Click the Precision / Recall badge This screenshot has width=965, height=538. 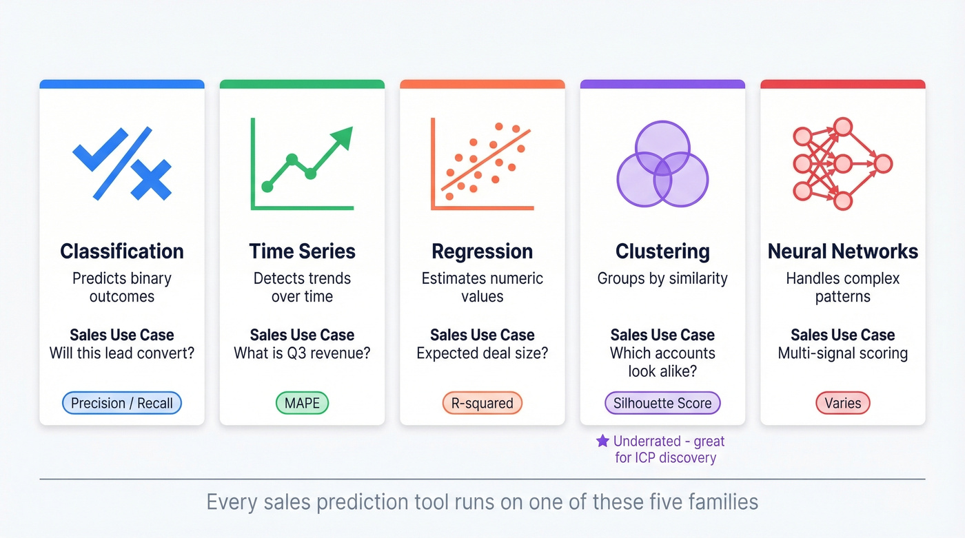click(x=122, y=403)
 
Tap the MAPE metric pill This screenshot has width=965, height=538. click(x=302, y=403)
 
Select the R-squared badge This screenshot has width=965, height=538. click(x=482, y=403)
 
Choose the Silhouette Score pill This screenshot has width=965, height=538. click(x=662, y=403)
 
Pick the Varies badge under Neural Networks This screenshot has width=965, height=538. click(x=842, y=403)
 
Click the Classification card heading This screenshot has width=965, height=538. click(x=122, y=251)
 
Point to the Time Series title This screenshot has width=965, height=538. click(x=302, y=251)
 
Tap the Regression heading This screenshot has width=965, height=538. click(x=482, y=251)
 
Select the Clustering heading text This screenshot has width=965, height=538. click(x=662, y=251)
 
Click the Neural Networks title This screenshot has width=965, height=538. click(x=842, y=251)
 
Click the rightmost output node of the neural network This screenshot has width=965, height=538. click(x=883, y=164)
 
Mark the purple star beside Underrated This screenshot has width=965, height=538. click(x=602, y=441)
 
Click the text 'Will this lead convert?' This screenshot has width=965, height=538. click(x=122, y=353)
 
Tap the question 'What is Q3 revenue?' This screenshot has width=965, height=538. click(x=302, y=353)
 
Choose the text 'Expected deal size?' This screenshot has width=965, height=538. click(x=482, y=353)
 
